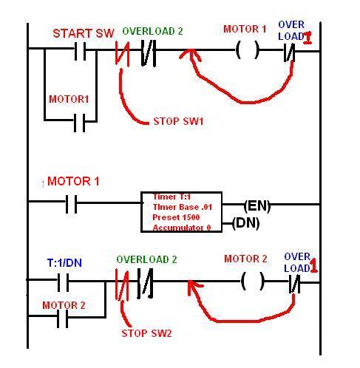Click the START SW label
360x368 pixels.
84,33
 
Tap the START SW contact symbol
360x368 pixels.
81,51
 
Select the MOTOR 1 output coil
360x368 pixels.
248,50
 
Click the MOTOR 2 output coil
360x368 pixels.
252,281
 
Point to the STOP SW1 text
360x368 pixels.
178,121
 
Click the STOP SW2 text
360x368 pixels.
146,333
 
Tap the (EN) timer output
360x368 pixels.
257,205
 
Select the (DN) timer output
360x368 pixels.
246,223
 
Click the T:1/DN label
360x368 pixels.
64,263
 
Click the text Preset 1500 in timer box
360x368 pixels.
176,217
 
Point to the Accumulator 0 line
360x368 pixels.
182,228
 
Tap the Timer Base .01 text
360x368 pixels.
183,207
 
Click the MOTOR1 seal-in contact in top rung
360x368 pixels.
80,123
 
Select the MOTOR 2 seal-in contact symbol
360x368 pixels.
62,318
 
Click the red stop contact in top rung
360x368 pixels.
123,53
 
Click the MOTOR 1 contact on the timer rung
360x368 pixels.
71,204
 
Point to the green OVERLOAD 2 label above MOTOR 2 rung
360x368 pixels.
146,259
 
